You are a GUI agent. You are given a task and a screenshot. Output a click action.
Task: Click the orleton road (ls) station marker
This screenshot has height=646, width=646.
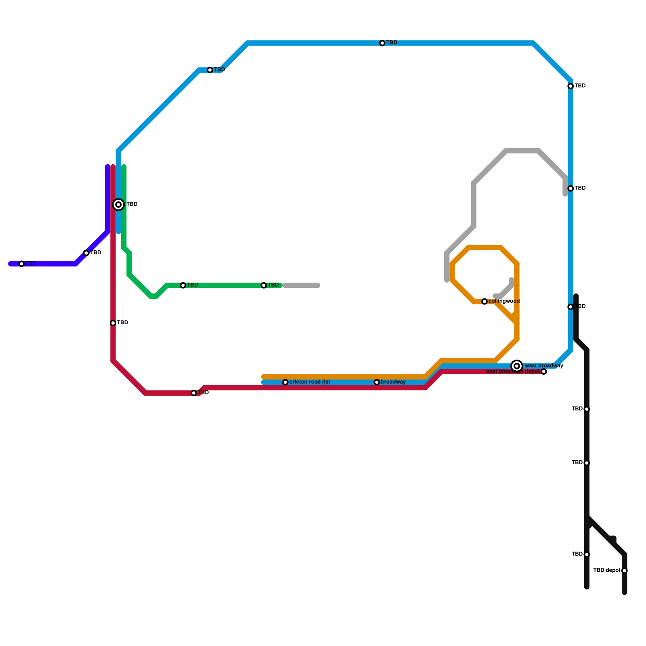[x=285, y=382]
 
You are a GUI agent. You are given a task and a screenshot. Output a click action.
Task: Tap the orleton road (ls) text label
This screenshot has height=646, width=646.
[x=310, y=382]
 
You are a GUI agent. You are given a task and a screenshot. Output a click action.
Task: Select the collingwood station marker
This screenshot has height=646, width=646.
[x=484, y=302]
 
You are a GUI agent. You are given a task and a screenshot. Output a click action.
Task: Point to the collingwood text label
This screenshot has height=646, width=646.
[x=504, y=301]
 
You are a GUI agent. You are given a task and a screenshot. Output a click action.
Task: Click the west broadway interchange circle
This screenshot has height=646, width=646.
[x=517, y=366]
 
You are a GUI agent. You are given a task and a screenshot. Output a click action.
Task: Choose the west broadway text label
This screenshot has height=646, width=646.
[x=544, y=366]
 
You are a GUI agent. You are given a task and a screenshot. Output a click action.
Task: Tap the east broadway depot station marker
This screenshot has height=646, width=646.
[x=544, y=371]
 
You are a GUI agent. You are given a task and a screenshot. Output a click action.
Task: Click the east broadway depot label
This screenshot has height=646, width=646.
[x=513, y=371]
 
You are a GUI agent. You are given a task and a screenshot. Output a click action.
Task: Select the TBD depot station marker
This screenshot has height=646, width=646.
[x=625, y=570]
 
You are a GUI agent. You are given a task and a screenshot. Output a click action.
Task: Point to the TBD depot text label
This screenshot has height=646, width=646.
[x=607, y=570]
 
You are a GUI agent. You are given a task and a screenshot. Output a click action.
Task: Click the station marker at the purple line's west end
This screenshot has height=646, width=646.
[x=22, y=264]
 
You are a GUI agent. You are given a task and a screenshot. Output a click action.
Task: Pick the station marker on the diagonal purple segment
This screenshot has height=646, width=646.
[x=86, y=253]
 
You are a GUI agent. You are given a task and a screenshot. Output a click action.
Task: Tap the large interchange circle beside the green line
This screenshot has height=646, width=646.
[x=118, y=205]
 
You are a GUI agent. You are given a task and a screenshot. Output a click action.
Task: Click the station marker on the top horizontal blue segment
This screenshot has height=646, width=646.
[x=382, y=43]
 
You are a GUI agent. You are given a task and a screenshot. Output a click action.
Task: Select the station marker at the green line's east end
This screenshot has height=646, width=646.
[x=264, y=285]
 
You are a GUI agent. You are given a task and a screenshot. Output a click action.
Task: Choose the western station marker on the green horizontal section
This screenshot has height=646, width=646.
[x=183, y=285]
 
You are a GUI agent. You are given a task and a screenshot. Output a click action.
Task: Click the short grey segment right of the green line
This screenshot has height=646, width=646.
[x=302, y=286]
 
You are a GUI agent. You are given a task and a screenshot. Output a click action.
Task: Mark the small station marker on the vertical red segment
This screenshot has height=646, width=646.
[x=113, y=323]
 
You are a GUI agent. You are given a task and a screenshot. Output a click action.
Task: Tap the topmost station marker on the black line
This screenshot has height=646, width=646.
[x=587, y=409]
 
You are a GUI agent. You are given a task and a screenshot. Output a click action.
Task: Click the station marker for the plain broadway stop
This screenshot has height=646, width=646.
[x=377, y=382]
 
